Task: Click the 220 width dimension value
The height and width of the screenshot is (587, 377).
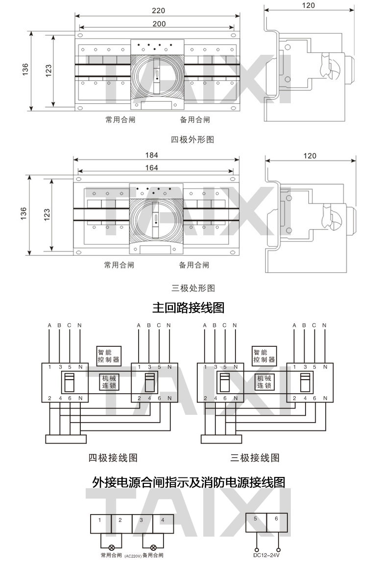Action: coord(158,10)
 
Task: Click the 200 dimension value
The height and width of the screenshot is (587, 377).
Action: coord(158,23)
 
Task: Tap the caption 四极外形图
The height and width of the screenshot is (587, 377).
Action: coord(192,140)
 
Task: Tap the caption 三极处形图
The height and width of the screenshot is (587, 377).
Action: coord(192,288)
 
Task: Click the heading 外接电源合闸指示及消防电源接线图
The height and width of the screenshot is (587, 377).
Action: coord(188,483)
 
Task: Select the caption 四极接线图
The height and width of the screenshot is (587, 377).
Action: coord(113,458)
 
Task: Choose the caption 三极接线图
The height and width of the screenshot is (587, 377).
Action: coord(255,458)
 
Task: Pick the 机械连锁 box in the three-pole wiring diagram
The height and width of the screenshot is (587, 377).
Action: coord(264,382)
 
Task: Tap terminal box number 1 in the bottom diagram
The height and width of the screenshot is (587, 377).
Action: coord(100,523)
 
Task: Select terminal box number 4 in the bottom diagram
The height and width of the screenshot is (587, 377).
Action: coord(163,523)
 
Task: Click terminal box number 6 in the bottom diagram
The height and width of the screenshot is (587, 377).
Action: coord(277,522)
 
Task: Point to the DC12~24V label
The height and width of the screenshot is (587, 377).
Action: coord(267,555)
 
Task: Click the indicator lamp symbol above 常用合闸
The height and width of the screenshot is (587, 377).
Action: coord(112,547)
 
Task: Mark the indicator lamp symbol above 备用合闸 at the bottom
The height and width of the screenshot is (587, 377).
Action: coord(153,547)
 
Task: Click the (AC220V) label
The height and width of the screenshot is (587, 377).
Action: coord(133,556)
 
